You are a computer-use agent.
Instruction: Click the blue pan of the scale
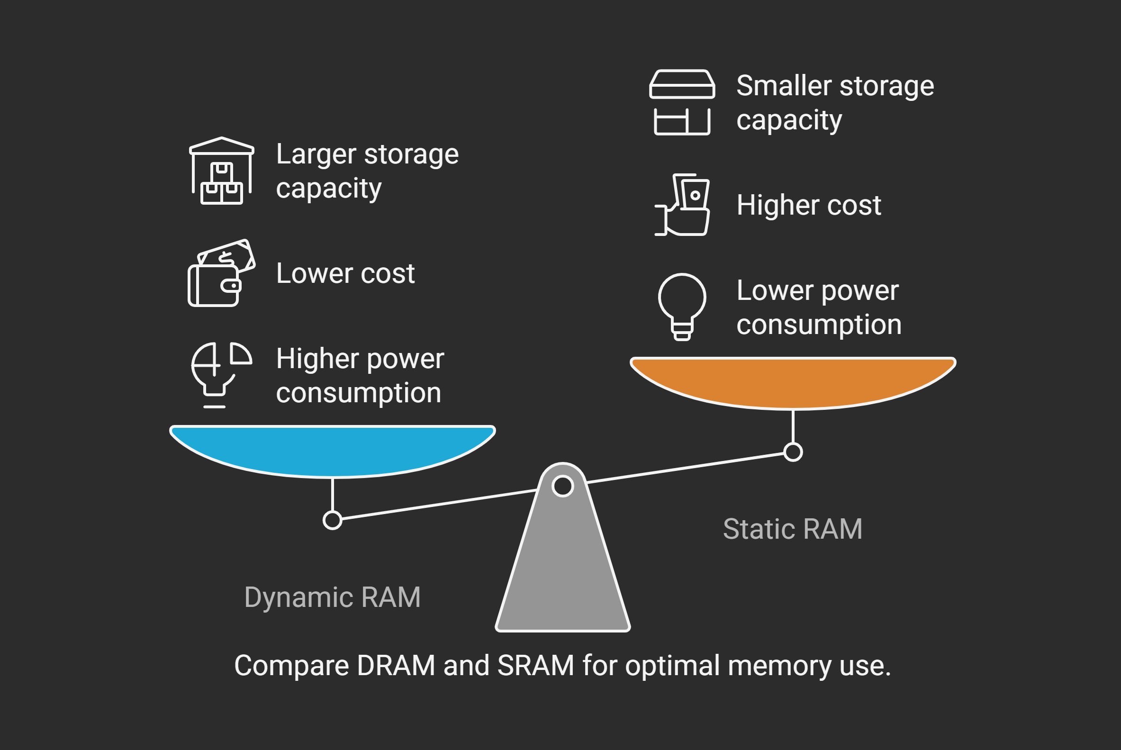tap(333, 450)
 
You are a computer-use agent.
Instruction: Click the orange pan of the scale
tap(793, 382)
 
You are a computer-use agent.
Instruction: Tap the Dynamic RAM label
tap(333, 597)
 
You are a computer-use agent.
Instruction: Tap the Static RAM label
tap(793, 529)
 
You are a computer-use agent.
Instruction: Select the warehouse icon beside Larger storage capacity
tap(221, 171)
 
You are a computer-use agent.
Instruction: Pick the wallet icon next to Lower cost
tap(221, 273)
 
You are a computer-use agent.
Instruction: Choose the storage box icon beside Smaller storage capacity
tap(682, 102)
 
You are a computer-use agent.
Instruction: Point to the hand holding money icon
tap(682, 205)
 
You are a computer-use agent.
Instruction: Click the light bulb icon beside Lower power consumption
tap(682, 307)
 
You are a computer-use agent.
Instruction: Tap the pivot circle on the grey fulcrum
tap(562, 487)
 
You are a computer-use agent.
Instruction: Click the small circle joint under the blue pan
tap(333, 520)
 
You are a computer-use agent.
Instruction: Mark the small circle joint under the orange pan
tap(793, 452)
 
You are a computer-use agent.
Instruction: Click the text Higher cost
tap(809, 205)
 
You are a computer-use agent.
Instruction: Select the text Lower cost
tap(345, 273)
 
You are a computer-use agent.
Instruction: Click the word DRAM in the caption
tap(396, 665)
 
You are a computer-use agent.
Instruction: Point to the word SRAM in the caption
tap(536, 665)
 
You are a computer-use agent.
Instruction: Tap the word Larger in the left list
tap(316, 154)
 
